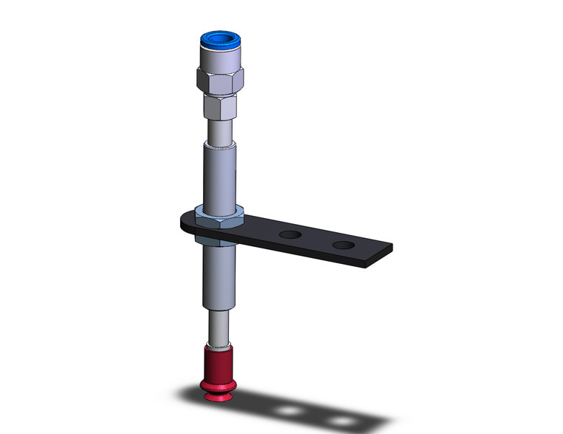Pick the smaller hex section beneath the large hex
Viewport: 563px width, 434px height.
[x=219, y=109]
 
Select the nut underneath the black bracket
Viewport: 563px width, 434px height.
[x=217, y=238]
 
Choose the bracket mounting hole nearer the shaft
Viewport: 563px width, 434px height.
[x=290, y=235]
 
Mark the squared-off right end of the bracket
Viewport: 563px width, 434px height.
[x=382, y=255]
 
